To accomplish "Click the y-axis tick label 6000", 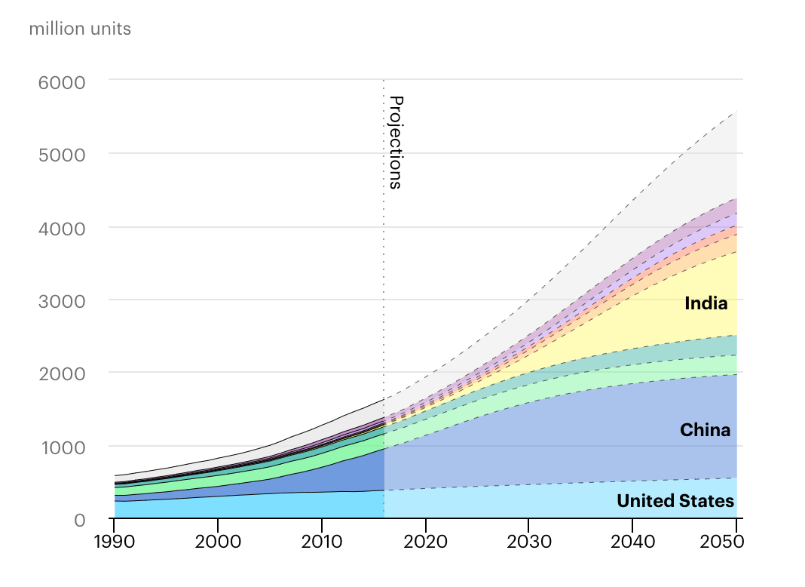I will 62,81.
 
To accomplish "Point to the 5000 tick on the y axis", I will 62,155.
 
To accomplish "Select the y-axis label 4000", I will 62,228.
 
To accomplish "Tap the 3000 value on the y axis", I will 62,301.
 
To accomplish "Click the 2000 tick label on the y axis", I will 62,373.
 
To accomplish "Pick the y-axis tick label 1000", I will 62,447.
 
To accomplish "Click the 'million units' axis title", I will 80,29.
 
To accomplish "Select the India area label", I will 706,304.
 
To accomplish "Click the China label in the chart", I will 705,430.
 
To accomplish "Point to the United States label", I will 675,502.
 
